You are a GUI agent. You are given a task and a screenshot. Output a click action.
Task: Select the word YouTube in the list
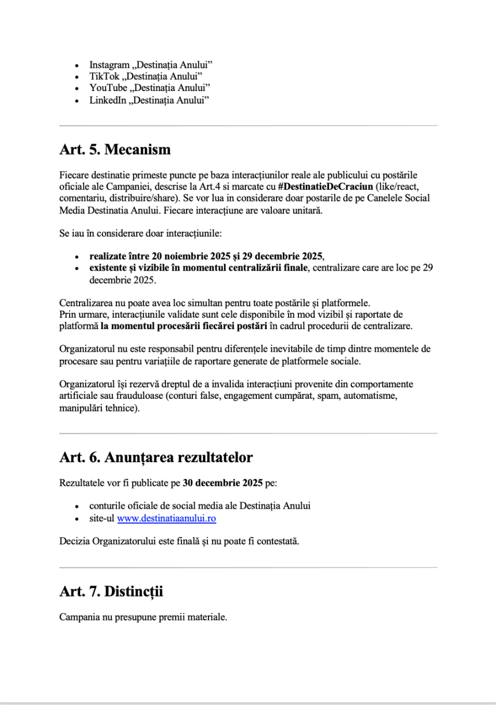click(105, 88)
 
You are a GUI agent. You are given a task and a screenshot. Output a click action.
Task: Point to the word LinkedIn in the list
click(105, 100)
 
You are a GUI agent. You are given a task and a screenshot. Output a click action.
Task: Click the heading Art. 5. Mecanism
click(115, 150)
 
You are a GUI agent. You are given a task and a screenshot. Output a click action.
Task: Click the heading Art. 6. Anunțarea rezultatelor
click(156, 458)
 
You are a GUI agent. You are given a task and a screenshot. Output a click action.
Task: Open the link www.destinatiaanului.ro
click(166, 519)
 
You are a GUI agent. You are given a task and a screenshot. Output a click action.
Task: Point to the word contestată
click(278, 542)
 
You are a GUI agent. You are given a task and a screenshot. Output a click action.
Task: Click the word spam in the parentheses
click(323, 397)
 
